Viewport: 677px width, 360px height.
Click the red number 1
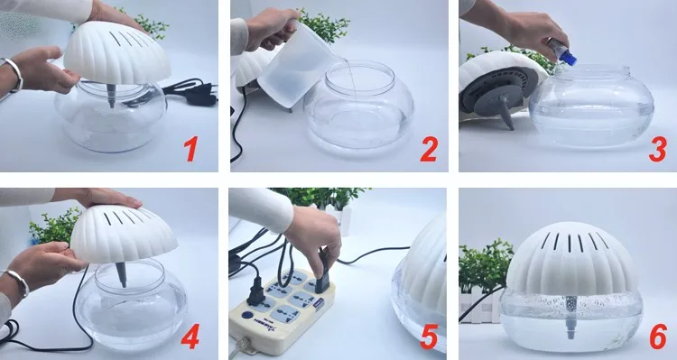click(x=190, y=149)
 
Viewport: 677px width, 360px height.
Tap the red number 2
click(x=429, y=149)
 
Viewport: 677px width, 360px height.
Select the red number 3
click(x=657, y=149)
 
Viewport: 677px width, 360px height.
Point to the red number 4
click(x=190, y=336)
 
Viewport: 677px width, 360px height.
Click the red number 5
click(x=429, y=336)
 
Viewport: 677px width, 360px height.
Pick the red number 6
click(x=658, y=336)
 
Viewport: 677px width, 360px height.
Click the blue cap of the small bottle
click(x=569, y=58)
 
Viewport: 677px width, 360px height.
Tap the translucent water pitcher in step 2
click(x=292, y=65)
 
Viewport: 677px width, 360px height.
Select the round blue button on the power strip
click(x=246, y=315)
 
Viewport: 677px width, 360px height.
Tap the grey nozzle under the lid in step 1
click(x=111, y=96)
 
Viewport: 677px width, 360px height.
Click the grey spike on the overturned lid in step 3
click(x=506, y=111)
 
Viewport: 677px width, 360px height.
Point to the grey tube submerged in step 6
click(x=571, y=318)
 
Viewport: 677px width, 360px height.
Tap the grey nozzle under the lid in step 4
click(x=122, y=274)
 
